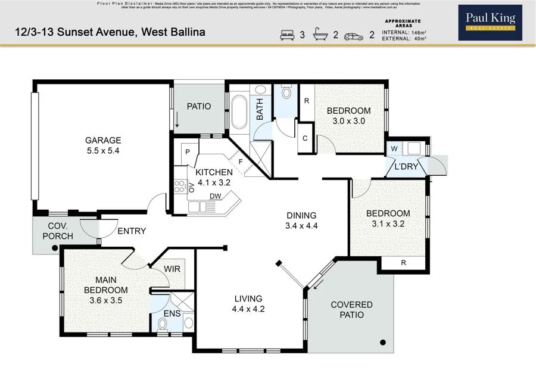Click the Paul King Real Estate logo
coord(490,23)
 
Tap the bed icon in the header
coord(288,35)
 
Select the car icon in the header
coord(354,35)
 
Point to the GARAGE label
coord(103,141)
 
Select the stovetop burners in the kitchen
coord(179,187)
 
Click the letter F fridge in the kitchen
coord(240,161)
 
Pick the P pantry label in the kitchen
coord(187,152)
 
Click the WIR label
coord(173,269)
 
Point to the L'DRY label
coord(406,167)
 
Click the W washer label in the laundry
coord(394,148)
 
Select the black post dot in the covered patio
coord(383,342)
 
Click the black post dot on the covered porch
coord(55,247)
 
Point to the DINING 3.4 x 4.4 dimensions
coord(301,226)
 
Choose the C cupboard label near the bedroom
coord(304,139)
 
